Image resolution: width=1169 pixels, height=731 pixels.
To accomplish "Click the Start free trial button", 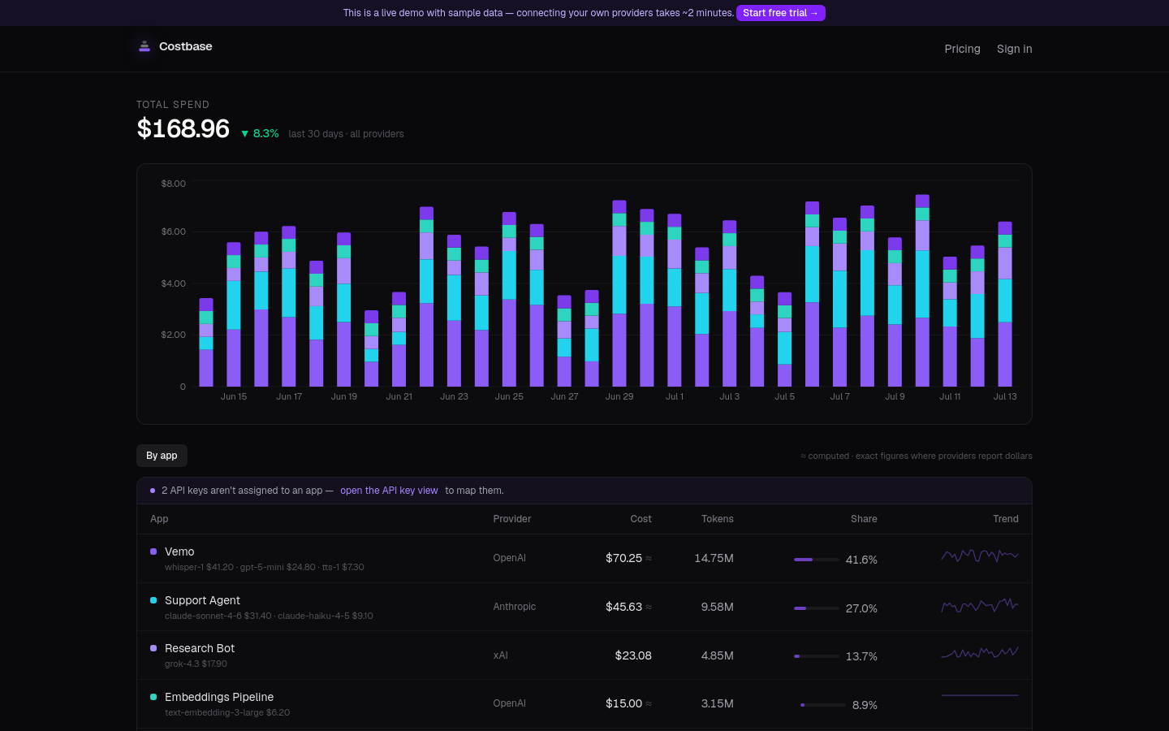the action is tap(780, 13).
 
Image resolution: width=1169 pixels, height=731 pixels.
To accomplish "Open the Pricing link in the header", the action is tap(962, 49).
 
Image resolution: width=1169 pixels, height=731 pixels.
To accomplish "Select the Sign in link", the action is tap(1014, 49).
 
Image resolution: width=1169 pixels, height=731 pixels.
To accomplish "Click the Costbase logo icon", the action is tap(144, 46).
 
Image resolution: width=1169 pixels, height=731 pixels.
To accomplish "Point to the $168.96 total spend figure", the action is tap(183, 128).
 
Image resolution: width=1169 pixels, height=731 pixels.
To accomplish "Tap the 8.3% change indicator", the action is tap(260, 134).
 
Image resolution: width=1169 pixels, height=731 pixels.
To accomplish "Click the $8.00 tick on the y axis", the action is tap(173, 184).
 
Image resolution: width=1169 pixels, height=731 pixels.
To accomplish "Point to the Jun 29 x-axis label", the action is tap(619, 396).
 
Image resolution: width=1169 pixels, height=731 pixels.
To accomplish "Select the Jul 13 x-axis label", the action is tap(1005, 396).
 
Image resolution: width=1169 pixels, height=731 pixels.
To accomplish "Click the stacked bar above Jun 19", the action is tap(344, 309).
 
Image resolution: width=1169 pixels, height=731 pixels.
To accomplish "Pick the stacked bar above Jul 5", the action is tap(784, 340).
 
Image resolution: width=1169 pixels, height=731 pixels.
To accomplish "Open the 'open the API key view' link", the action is tap(389, 491).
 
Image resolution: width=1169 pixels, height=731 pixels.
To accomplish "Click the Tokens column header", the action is tap(717, 518).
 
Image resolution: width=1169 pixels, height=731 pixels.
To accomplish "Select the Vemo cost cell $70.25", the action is tap(623, 558).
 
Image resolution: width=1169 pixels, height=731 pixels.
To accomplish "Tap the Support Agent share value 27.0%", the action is tap(861, 608).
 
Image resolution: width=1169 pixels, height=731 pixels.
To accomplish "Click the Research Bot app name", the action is tap(200, 648).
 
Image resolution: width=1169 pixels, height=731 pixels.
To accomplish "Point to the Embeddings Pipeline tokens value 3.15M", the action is tap(717, 703).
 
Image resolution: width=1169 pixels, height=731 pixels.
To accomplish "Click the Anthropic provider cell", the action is tap(514, 606).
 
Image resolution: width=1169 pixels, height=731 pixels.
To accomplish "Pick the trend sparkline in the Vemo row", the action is tap(980, 556).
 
